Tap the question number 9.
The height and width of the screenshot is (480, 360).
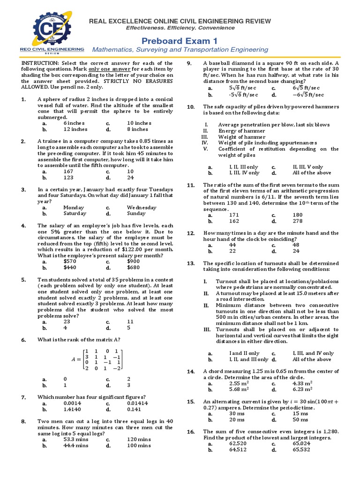[189, 63]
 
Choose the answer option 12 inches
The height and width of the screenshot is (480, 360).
[75, 129]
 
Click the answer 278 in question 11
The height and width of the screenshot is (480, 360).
[284, 221]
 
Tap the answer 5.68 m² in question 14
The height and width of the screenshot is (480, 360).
[239, 389]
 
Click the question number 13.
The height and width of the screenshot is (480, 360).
[191, 263]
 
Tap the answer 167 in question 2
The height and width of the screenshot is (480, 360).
[68, 171]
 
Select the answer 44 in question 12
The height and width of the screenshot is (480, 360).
[232, 245]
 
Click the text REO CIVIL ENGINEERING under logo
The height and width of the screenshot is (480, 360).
[52, 48]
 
